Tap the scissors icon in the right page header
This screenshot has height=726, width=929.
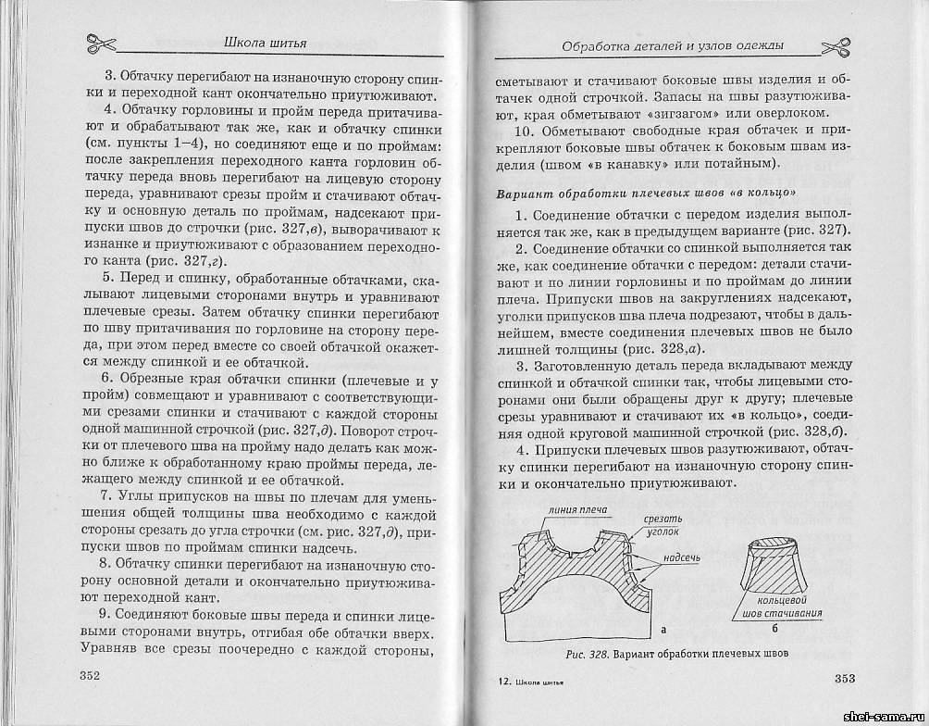point(836,47)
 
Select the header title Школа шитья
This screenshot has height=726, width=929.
point(266,41)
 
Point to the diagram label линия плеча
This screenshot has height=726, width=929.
point(574,508)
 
